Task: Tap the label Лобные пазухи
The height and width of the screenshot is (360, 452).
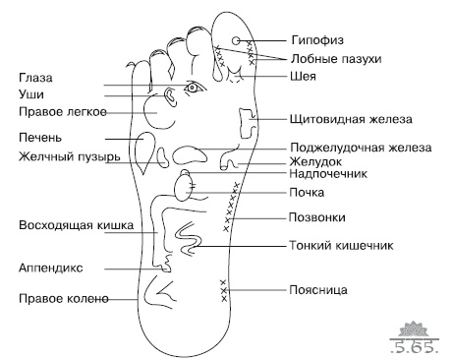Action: (333, 59)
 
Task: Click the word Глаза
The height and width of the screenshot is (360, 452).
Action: (35, 77)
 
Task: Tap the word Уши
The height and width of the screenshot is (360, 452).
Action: (30, 93)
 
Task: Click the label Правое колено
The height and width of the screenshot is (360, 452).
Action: (61, 298)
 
